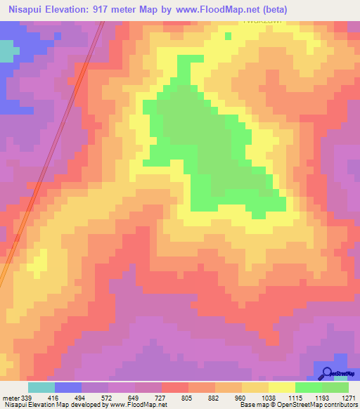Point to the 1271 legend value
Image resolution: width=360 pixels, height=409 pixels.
[349, 397]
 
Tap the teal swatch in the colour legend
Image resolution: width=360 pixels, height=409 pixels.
[41, 387]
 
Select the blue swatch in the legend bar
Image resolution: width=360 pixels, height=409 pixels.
[68, 387]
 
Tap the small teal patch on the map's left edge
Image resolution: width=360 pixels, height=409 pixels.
[8, 51]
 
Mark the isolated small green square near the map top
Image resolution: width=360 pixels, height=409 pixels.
[228, 34]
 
